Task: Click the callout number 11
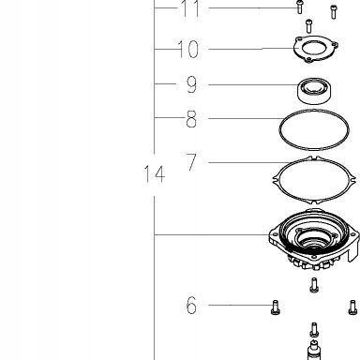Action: (x=190, y=8)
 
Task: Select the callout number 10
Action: (x=188, y=49)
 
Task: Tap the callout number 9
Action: (x=191, y=84)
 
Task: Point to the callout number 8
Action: (x=191, y=119)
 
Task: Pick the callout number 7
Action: (x=191, y=161)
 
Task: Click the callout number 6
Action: (x=191, y=306)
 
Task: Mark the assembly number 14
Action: (x=154, y=174)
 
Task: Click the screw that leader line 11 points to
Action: (x=300, y=7)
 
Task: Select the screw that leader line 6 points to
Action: (x=276, y=307)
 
